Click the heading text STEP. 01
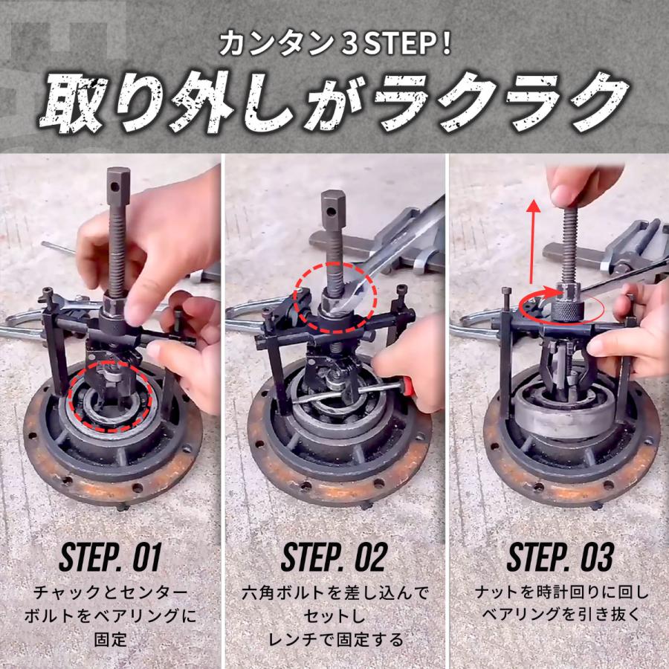pos(111,557)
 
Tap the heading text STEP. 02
pos(334,557)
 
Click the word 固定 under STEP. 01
pos(111,639)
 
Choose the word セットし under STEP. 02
pos(334,616)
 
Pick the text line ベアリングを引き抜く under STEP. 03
pos(560,616)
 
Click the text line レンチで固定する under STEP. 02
pos(334,639)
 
